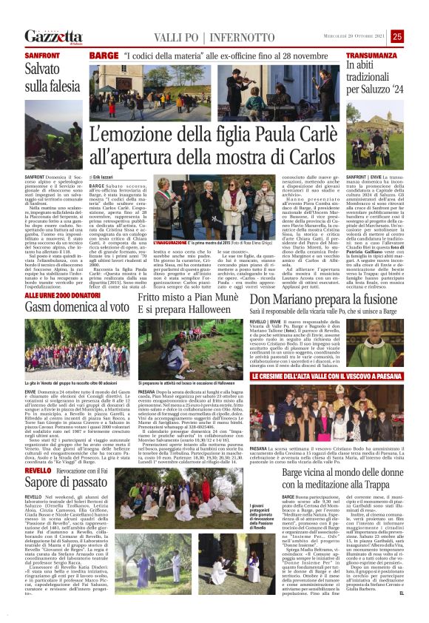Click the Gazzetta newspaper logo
(53, 36)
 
